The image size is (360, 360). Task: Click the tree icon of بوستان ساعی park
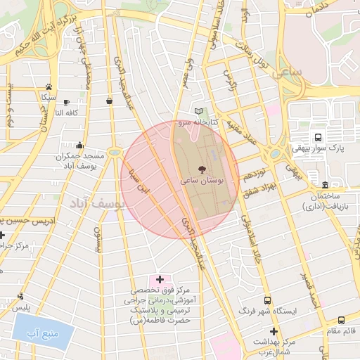[203, 169]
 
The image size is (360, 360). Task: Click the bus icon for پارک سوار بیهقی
[319, 137]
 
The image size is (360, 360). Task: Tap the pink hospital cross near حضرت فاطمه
[160, 280]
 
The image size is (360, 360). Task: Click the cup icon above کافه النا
[67, 102]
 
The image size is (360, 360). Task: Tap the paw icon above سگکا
[49, 86]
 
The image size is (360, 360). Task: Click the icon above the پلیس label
[21, 297]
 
